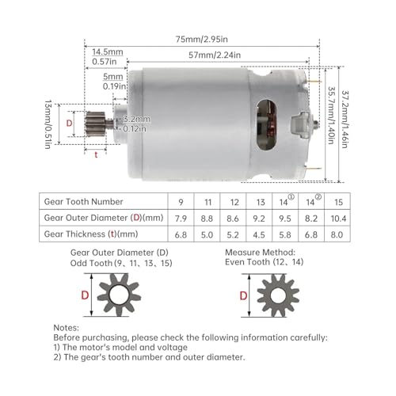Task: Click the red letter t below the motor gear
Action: click(x=97, y=155)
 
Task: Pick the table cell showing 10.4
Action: click(x=340, y=217)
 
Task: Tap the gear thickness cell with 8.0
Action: click(x=340, y=234)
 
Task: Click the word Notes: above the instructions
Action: click(x=67, y=326)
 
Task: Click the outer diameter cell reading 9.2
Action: click(x=261, y=217)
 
